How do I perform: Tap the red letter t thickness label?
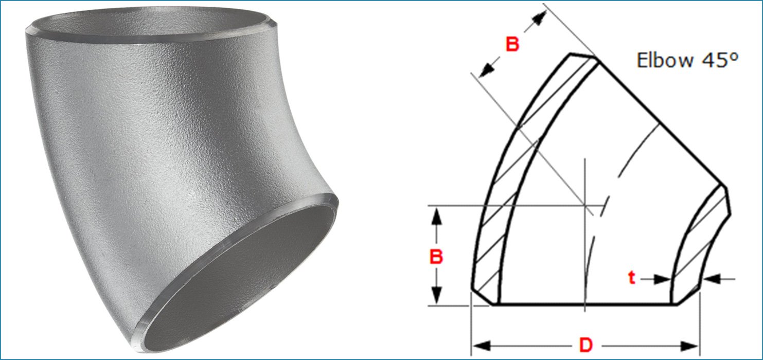pyautogui.click(x=632, y=278)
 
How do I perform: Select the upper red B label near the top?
pyautogui.click(x=512, y=45)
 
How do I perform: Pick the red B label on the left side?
pyautogui.click(x=436, y=257)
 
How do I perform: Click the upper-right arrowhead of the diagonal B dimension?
pyautogui.click(x=538, y=20)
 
